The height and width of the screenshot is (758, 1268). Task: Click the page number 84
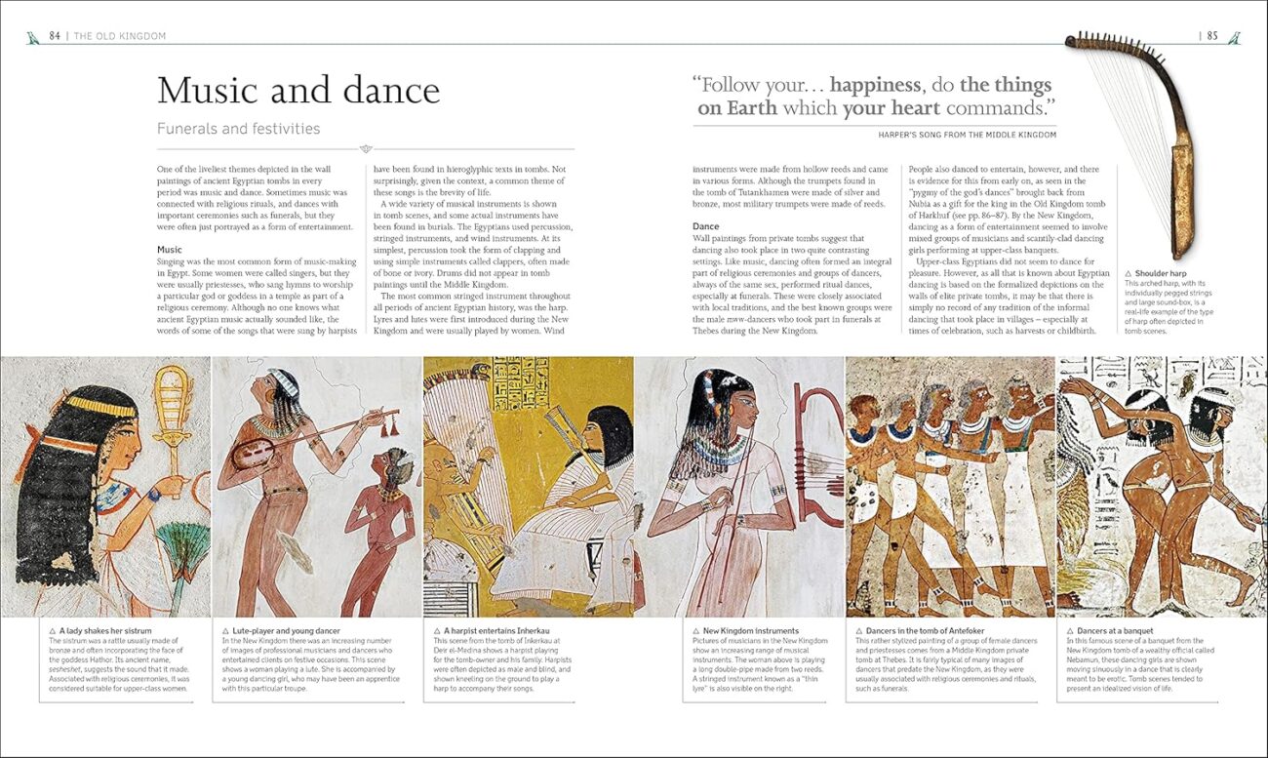[55, 36]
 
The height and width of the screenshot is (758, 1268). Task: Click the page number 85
[1212, 36]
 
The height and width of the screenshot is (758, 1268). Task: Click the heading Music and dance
[298, 91]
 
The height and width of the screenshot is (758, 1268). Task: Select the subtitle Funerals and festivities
[238, 129]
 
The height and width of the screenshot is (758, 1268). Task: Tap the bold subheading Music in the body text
[170, 250]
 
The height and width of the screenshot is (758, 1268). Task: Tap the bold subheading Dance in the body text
[705, 226]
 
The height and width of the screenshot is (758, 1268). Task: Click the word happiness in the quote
[875, 85]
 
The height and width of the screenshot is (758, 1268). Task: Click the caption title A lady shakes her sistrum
[105, 631]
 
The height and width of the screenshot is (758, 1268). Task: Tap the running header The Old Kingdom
[120, 36]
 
